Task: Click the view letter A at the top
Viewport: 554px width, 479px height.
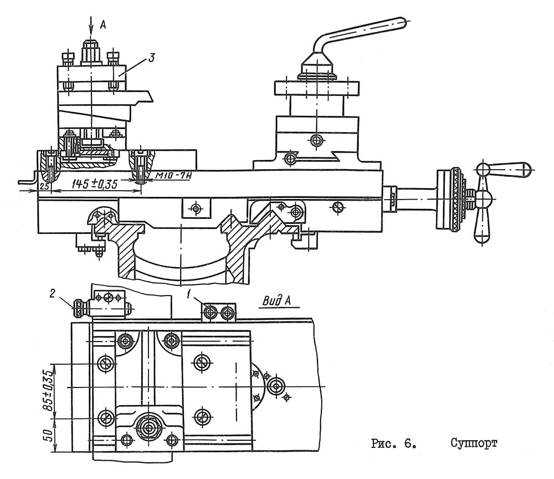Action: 103,24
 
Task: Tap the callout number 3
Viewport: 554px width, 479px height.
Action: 151,58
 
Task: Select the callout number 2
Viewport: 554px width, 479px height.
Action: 52,294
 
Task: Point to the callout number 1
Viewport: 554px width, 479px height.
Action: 189,293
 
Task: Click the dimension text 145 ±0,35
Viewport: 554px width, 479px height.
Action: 94,184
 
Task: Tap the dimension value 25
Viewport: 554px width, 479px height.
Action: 44,186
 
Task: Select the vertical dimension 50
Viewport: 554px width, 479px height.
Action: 48,436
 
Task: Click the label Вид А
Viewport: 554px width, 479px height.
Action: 277,301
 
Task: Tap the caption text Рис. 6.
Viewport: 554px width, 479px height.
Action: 393,444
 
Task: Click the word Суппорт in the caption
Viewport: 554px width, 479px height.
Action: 474,444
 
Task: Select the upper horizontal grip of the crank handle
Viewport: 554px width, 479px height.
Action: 503,170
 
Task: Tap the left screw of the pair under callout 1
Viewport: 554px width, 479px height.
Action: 210,313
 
